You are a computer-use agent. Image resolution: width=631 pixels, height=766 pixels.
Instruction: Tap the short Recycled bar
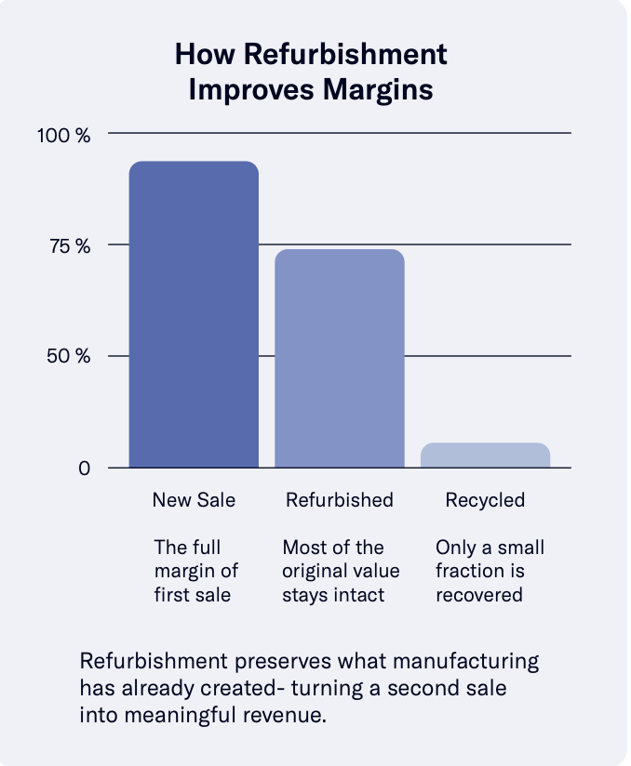pos(485,455)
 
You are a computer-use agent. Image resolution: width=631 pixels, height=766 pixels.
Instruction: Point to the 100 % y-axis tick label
pos(63,136)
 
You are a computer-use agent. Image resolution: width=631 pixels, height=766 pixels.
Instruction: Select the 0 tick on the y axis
pos(84,469)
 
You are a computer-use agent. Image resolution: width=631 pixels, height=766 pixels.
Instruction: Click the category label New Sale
pos(194,500)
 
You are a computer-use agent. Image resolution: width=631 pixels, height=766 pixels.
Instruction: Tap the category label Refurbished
pos(339,500)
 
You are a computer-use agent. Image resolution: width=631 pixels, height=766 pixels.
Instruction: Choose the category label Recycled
pos(485,500)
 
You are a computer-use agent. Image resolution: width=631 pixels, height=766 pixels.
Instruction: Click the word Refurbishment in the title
pos(342,54)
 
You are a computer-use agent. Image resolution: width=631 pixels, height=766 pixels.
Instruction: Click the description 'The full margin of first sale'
pos(194,571)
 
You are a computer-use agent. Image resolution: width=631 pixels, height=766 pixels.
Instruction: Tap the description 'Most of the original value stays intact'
pos(339,571)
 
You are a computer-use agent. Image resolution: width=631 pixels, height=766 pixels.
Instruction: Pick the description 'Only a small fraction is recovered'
pos(489,571)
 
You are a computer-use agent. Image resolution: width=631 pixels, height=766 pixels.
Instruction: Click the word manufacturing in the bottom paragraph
pos(463,663)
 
